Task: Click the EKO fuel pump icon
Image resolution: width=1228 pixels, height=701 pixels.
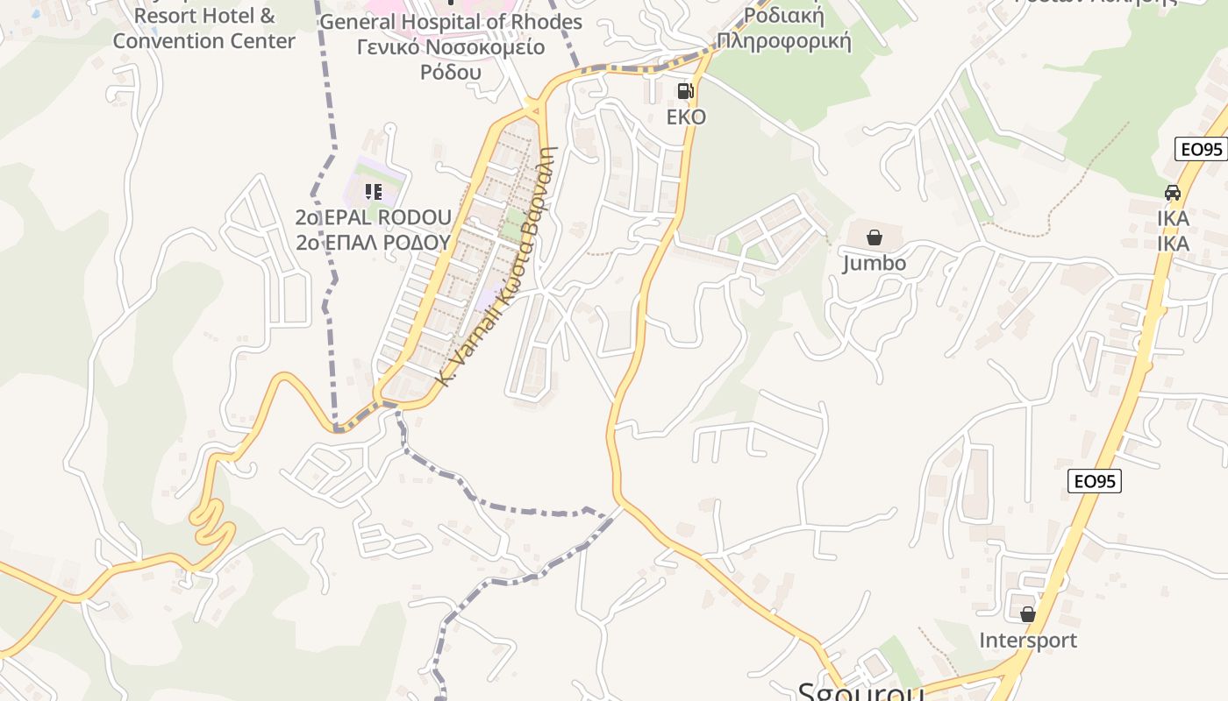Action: pyautogui.click(x=685, y=91)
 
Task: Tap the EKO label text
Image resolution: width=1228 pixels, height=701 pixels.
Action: pyautogui.click(x=686, y=117)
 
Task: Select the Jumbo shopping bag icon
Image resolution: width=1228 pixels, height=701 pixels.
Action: pyautogui.click(x=874, y=237)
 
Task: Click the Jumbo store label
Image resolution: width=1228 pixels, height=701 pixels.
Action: pyautogui.click(x=875, y=263)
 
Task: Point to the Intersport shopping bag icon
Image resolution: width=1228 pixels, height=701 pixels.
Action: pyautogui.click(x=1028, y=614)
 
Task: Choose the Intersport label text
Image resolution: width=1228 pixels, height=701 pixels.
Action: pyautogui.click(x=1028, y=641)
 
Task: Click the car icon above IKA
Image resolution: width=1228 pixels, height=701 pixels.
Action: pyautogui.click(x=1173, y=193)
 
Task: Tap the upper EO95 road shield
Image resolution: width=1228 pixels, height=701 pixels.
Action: pyautogui.click(x=1200, y=149)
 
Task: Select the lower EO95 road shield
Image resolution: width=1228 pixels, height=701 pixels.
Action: pyautogui.click(x=1095, y=480)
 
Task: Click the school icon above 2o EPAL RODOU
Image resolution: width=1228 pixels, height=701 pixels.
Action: pyautogui.click(x=374, y=191)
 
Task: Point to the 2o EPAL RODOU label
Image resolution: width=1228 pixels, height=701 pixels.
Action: pyautogui.click(x=374, y=217)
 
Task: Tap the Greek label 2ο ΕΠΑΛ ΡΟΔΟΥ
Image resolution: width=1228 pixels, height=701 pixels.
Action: pyautogui.click(x=374, y=243)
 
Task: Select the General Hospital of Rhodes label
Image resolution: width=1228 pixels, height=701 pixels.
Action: pyautogui.click(x=451, y=22)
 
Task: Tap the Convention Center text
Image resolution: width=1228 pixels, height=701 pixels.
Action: pyautogui.click(x=203, y=41)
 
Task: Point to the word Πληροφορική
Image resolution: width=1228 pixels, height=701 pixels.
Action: pyautogui.click(x=784, y=41)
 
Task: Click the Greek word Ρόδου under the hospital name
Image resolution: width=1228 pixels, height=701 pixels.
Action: pyautogui.click(x=451, y=72)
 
